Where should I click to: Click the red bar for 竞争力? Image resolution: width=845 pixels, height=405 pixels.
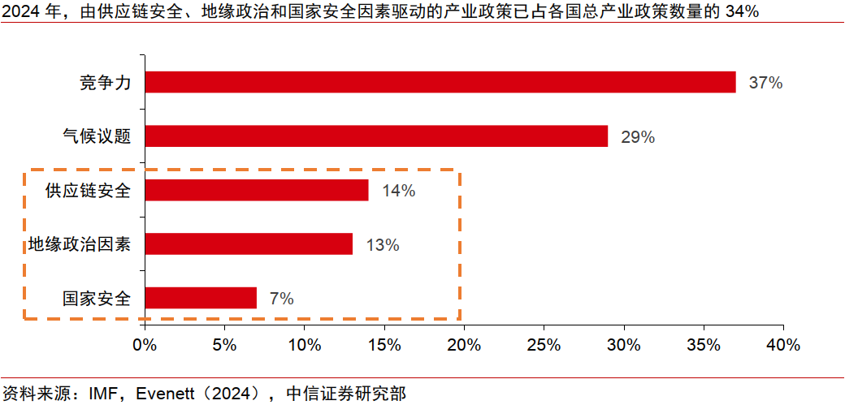pos(440,82)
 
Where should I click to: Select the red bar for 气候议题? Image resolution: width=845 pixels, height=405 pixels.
pos(376,136)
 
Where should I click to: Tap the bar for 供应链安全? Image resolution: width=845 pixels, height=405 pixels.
pos(257,190)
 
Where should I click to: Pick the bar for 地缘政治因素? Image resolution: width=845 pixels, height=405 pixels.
pos(249,244)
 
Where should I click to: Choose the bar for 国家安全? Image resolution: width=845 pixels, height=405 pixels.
pos(201,298)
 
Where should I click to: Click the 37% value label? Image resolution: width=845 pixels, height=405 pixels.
pos(765,83)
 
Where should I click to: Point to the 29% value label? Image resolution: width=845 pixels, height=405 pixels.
pos(638,137)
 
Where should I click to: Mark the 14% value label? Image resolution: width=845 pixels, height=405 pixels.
pos(398,191)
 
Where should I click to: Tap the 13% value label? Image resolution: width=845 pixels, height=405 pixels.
pos(382,245)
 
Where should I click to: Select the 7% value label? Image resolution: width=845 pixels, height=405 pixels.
pos(281,299)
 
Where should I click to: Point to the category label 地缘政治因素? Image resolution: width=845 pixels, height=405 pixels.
pos(80,244)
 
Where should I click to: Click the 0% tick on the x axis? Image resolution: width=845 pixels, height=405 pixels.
pos(145,344)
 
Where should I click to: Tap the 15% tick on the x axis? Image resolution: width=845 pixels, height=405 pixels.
pos(383,344)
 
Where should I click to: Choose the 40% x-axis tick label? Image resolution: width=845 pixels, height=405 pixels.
pos(782,344)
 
